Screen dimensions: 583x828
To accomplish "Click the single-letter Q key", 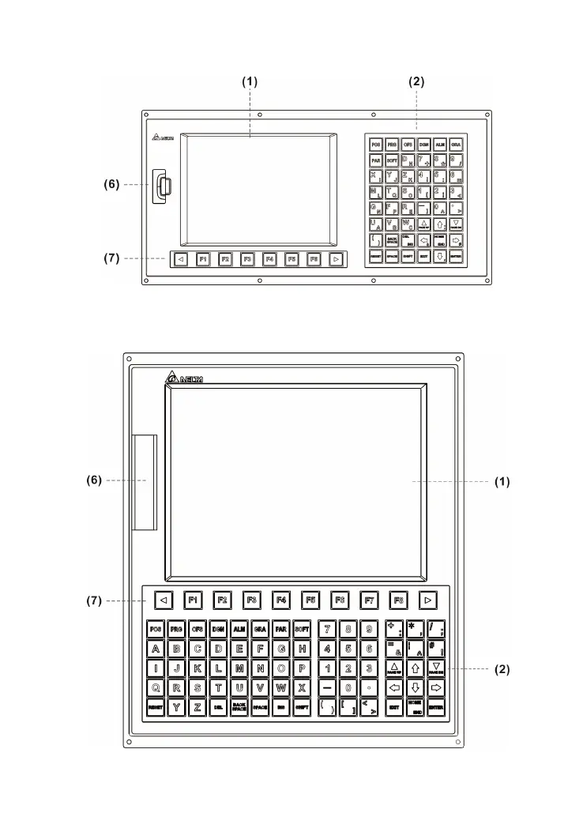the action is (156, 687).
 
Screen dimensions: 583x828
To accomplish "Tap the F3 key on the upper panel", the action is (247, 258).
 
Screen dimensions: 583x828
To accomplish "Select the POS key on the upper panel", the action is (375, 145).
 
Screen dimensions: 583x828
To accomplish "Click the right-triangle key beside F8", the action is (427, 600).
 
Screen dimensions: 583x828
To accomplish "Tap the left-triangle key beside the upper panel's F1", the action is (180, 258).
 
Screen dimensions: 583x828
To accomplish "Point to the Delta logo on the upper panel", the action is (163, 139).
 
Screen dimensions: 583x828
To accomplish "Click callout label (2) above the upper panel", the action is (416, 81).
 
